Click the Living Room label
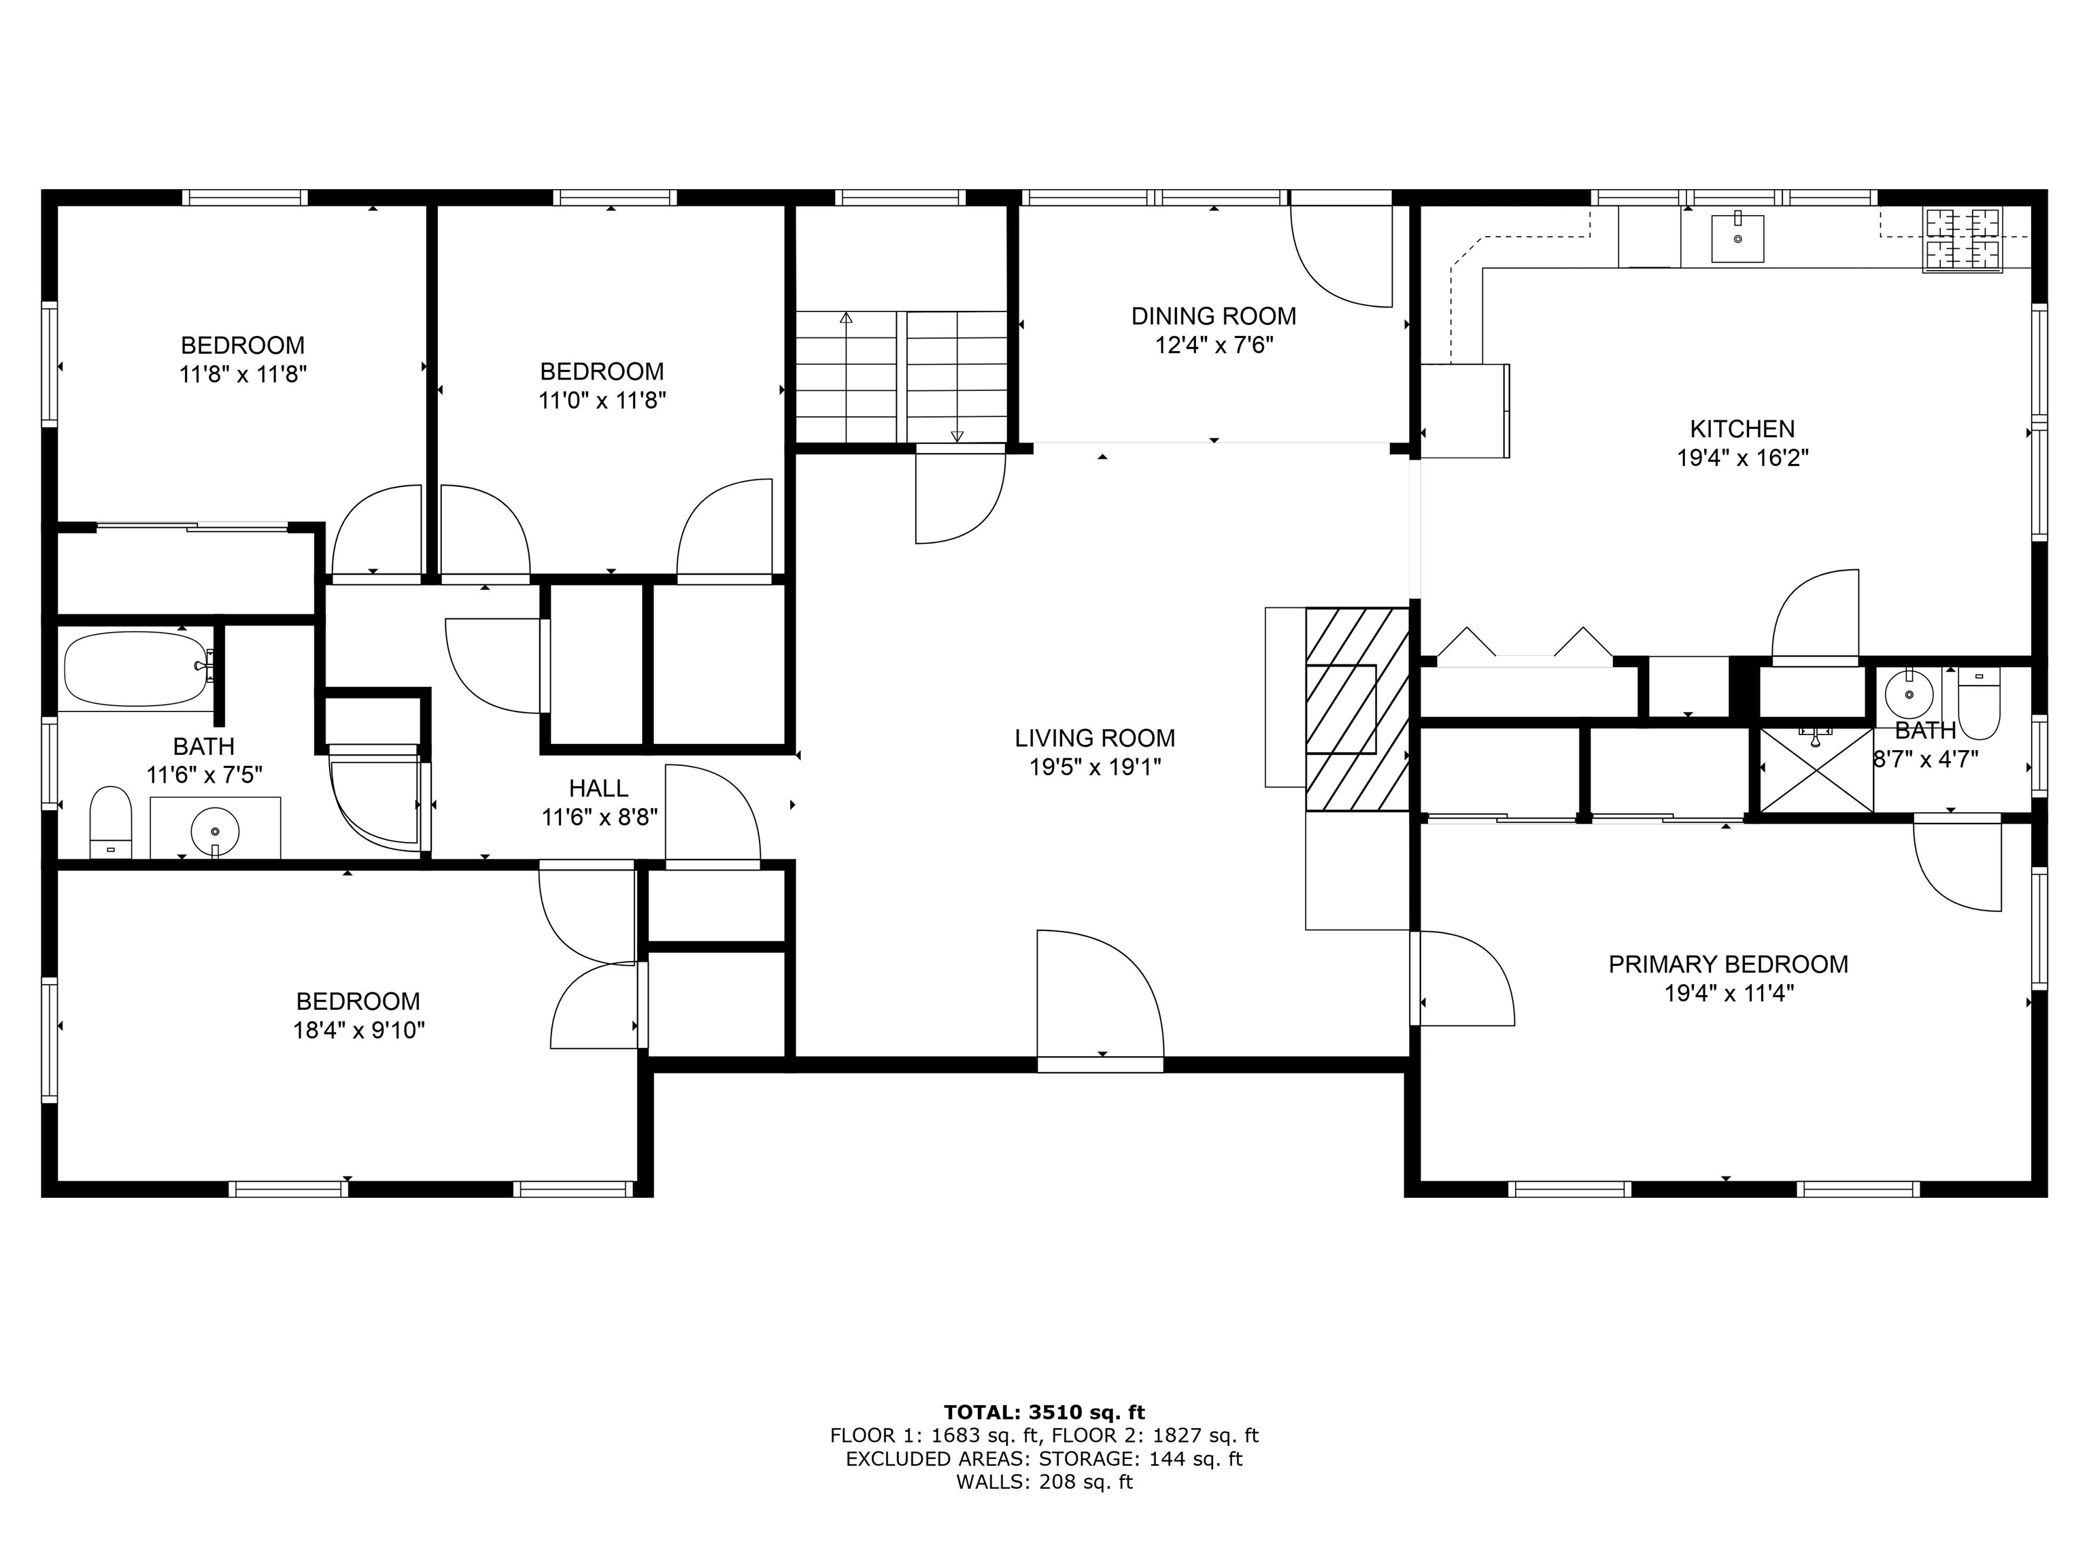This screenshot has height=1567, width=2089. [1095, 738]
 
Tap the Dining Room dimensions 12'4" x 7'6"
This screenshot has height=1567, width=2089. [1214, 345]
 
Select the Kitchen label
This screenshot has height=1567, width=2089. [1742, 429]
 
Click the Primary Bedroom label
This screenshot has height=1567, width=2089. [1728, 964]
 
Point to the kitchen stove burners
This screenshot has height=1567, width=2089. [1963, 240]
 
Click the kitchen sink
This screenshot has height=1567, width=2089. [1737, 238]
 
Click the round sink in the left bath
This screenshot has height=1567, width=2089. [216, 831]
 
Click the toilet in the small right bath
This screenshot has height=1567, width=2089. [1980, 704]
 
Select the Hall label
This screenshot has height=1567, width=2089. [598, 788]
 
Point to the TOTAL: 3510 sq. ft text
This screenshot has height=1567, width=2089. [1044, 1412]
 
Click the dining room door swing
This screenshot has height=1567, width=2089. [1341, 255]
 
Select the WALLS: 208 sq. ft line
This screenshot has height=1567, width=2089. [1044, 1482]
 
